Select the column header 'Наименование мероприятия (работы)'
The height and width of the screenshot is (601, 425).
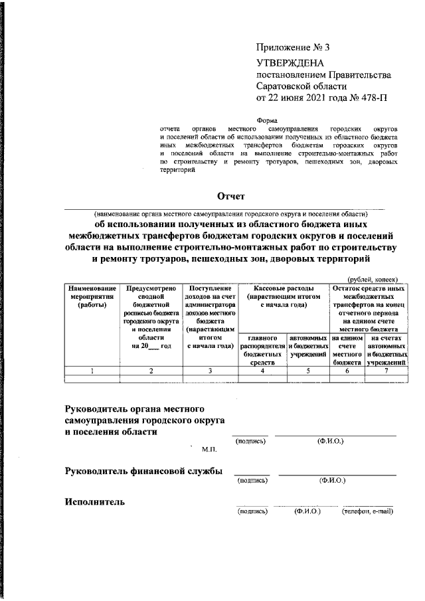click(90, 297)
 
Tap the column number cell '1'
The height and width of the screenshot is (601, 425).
click(90, 371)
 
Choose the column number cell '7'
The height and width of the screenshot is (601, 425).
click(386, 371)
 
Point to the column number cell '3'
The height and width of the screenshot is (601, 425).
click(209, 371)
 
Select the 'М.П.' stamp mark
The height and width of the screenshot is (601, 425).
click(209, 450)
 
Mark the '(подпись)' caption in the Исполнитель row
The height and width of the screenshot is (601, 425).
click(252, 511)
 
